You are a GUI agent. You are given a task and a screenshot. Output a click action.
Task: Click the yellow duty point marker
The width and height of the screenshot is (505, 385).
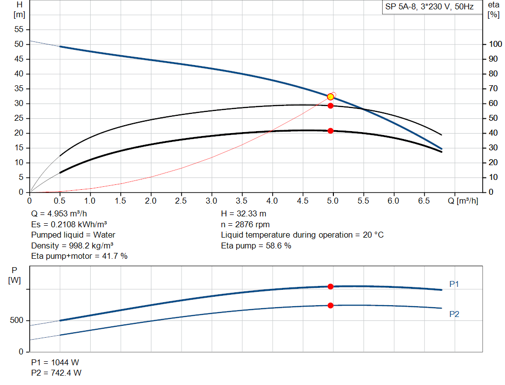tap(330, 97)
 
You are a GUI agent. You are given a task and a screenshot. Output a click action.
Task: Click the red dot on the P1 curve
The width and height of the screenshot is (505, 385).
tap(330, 286)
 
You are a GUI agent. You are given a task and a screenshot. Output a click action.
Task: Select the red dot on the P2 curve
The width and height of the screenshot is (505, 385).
tap(330, 306)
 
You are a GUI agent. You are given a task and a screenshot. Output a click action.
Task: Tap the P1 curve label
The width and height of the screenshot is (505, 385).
tap(454, 284)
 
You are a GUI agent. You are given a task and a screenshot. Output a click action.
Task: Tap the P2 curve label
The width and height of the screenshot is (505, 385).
tap(454, 314)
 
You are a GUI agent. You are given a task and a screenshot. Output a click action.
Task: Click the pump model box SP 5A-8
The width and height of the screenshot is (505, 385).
tap(430, 7)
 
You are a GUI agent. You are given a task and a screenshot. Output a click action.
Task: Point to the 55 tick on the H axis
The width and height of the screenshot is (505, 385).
tap(19, 30)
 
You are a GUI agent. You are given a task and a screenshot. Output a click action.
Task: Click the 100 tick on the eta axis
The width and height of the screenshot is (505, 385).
tap(495, 44)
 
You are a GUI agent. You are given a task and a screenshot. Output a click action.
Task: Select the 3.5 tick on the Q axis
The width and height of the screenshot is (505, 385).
tap(242, 201)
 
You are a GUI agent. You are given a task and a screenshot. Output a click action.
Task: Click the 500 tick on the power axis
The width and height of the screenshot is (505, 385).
tap(17, 320)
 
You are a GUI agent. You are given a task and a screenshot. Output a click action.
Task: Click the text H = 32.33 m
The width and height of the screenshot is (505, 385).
tap(244, 214)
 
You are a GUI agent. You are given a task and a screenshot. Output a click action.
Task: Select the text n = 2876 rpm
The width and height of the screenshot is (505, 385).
tap(246, 224)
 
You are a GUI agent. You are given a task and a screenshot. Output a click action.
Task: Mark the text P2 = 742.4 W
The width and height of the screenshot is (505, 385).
tap(56, 373)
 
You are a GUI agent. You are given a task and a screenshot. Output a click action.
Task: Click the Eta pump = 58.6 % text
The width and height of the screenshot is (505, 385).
tap(256, 245)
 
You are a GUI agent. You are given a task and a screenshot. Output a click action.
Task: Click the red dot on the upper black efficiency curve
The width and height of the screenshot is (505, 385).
tap(330, 105)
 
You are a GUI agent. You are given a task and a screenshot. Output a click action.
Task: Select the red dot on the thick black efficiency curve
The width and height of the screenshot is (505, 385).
tap(330, 131)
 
